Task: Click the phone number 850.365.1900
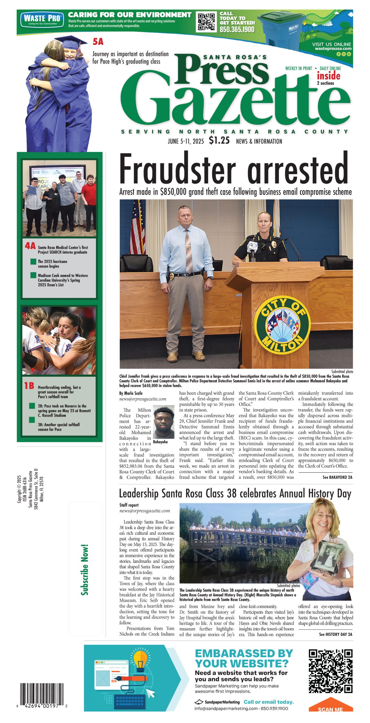237,30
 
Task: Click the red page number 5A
98,42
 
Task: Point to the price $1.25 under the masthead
219,140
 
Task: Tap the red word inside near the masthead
328,76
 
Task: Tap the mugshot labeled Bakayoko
164,422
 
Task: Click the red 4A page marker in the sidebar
30,246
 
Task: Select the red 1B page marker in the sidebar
29,386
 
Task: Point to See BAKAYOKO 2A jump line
337,477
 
